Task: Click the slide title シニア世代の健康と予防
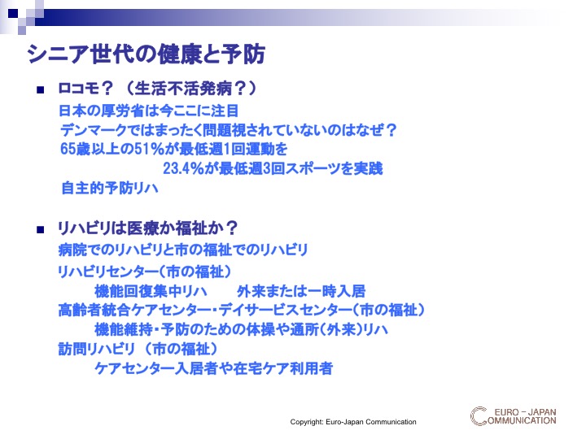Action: coord(146,54)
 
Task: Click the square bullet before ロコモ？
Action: coord(41,89)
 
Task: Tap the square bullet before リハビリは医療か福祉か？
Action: coord(41,229)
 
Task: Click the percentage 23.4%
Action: coord(183,168)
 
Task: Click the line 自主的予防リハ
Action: coord(110,188)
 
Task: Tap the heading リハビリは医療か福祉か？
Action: coord(147,228)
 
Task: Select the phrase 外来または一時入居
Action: coord(301,291)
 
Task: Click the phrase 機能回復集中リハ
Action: coord(151,291)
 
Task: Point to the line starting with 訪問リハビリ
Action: coord(138,349)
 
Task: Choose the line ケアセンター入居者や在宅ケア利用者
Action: coord(214,368)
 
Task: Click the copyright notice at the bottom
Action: coord(353,422)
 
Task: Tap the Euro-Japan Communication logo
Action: coord(513,416)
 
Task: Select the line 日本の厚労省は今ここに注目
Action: coord(149,111)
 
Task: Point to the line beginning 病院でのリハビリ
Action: coord(183,250)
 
